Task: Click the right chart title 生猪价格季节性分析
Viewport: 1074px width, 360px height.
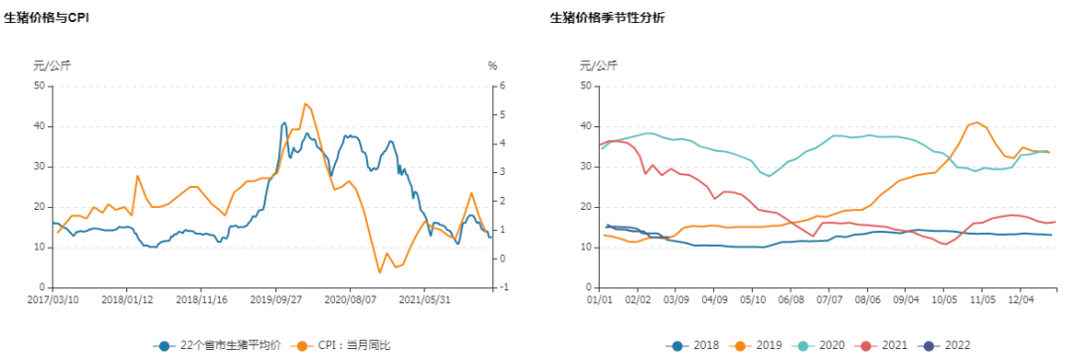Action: point(608,18)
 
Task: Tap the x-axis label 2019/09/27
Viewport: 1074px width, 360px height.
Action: point(275,297)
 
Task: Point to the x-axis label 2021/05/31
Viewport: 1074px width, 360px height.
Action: point(425,297)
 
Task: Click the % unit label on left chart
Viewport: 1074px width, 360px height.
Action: point(491,66)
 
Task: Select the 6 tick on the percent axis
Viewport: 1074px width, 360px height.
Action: point(503,86)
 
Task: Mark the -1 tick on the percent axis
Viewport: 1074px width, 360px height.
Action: point(504,287)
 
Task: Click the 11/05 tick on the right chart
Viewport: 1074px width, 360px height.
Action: point(983,297)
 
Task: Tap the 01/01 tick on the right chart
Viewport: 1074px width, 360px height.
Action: point(600,297)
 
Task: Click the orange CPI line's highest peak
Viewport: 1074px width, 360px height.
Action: point(305,103)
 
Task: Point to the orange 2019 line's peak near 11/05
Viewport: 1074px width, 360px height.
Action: point(978,122)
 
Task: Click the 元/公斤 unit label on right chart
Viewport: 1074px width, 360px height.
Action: point(599,66)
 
